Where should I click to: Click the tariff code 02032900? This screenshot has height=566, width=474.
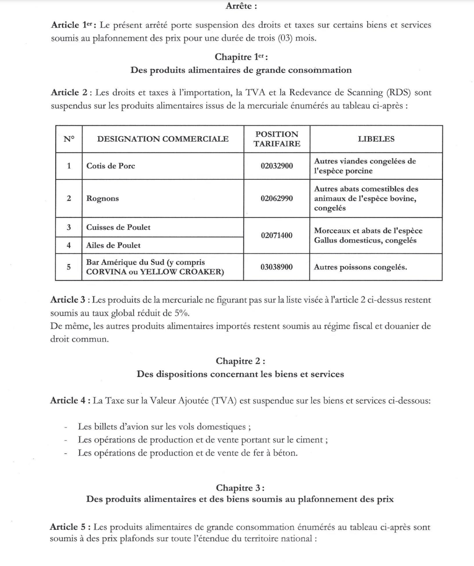[x=277, y=166]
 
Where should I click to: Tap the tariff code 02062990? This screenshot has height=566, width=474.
[x=277, y=198]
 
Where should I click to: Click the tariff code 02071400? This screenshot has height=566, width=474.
[x=277, y=235]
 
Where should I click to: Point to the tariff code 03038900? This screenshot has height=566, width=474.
[x=277, y=267]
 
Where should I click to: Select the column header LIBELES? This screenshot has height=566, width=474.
[x=376, y=139]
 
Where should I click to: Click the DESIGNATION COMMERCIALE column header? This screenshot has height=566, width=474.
[x=163, y=139]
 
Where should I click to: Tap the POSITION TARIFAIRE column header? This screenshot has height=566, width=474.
[x=277, y=139]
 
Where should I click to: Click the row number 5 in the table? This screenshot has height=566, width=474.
[x=69, y=267]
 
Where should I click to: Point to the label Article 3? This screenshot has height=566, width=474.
[x=68, y=300]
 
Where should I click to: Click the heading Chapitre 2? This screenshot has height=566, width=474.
[x=240, y=361]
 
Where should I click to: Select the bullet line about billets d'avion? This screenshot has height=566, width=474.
[x=164, y=426]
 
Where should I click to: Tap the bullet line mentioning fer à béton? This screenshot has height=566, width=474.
[x=187, y=453]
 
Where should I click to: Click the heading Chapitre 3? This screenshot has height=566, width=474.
[x=240, y=488]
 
